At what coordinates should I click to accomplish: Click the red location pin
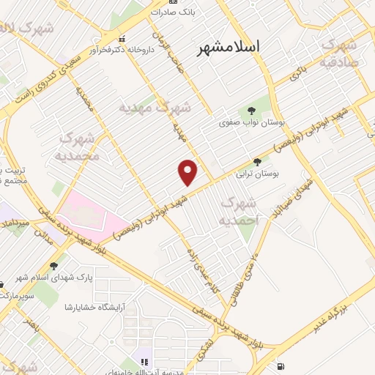tap(188, 172)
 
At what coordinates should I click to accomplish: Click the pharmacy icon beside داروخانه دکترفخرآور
tap(122, 39)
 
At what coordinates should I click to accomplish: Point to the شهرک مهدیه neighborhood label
tap(155, 108)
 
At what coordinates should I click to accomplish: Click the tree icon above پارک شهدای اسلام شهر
tap(54, 267)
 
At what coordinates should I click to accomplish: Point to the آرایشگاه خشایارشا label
tap(94, 306)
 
